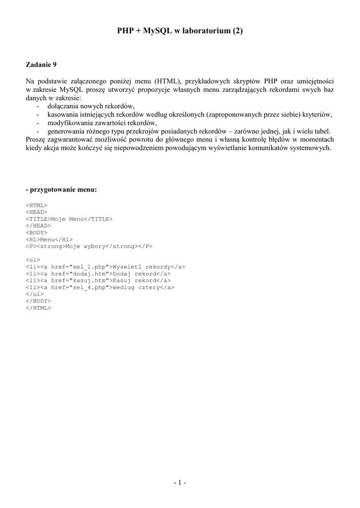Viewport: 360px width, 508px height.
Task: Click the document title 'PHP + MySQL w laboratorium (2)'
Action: pyautogui.click(x=180, y=31)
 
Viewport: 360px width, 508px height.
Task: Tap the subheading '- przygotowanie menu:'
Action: pyautogui.click(x=61, y=190)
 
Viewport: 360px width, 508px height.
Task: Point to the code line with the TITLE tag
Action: pyautogui.click(x=69, y=218)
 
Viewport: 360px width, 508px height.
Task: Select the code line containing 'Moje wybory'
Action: pyautogui.click(x=89, y=246)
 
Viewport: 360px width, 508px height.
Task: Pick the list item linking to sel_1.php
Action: pyautogui.click(x=105, y=266)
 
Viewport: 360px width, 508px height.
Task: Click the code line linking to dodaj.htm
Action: pyautogui.click(x=98, y=273)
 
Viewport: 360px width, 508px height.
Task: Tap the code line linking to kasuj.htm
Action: pyautogui.click(x=98, y=280)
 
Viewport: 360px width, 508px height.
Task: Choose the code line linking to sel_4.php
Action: pyautogui.click(x=100, y=287)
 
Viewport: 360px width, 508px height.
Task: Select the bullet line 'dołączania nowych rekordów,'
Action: pyautogui.click(x=91, y=106)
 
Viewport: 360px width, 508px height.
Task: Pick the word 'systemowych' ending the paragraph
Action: pyautogui.click(x=312, y=148)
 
